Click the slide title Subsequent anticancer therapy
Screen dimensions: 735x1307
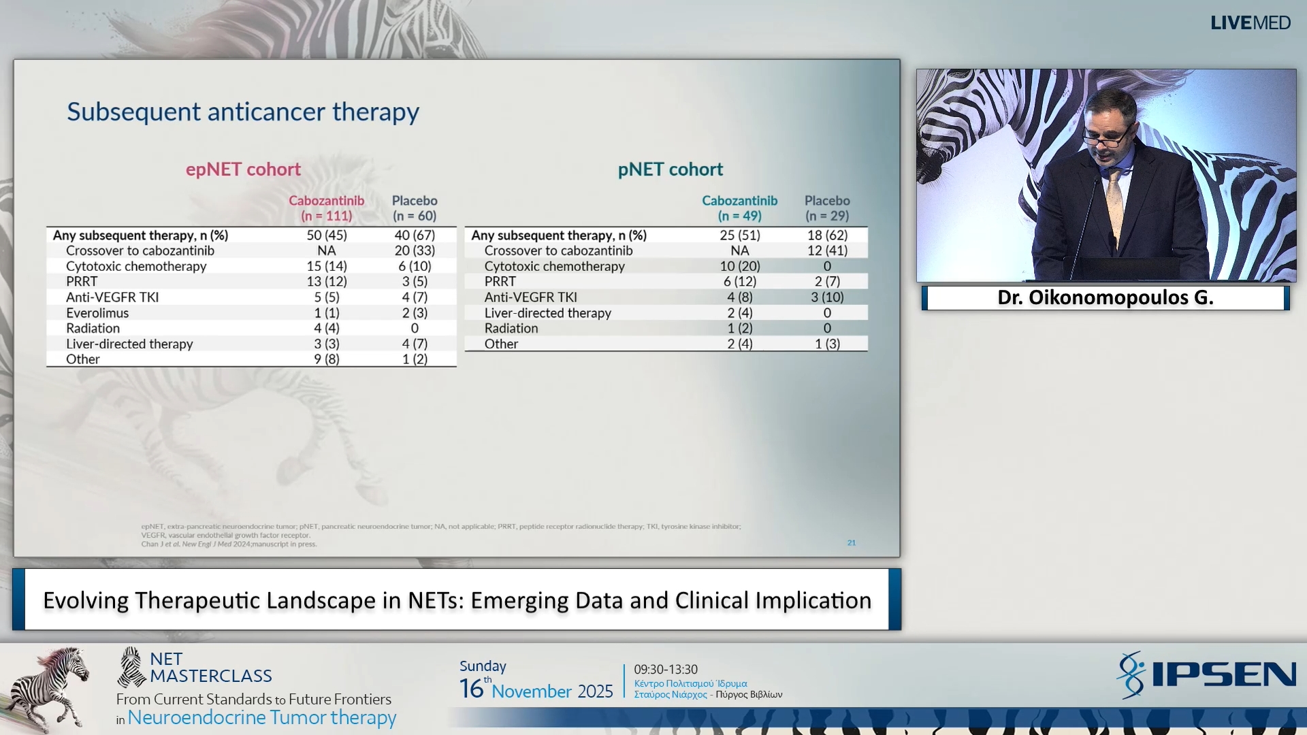click(x=243, y=112)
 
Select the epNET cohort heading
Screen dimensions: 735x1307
click(x=243, y=169)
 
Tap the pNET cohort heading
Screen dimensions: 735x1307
click(x=670, y=169)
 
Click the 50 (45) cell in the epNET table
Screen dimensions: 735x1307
click(x=327, y=235)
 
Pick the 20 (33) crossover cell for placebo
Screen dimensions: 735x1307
click(x=415, y=250)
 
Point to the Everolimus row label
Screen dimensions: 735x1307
click(x=97, y=313)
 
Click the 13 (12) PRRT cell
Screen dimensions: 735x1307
click(x=327, y=282)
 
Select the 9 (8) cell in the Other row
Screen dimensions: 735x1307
click(x=327, y=359)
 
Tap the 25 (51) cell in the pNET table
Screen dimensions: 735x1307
click(x=740, y=235)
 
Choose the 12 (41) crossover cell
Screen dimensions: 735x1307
click(x=827, y=250)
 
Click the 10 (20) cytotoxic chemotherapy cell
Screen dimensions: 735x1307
click(x=740, y=266)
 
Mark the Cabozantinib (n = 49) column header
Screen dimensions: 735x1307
click(x=740, y=208)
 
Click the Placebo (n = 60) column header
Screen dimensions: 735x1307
click(x=415, y=208)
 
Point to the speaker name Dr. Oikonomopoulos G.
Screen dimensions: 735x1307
click(x=1105, y=298)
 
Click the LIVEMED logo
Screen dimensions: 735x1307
click(x=1250, y=23)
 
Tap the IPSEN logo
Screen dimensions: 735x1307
click(x=1206, y=674)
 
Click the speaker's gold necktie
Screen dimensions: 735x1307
click(x=1115, y=204)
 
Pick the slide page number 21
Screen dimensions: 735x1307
click(x=851, y=543)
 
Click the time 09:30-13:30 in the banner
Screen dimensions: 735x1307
click(x=666, y=670)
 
